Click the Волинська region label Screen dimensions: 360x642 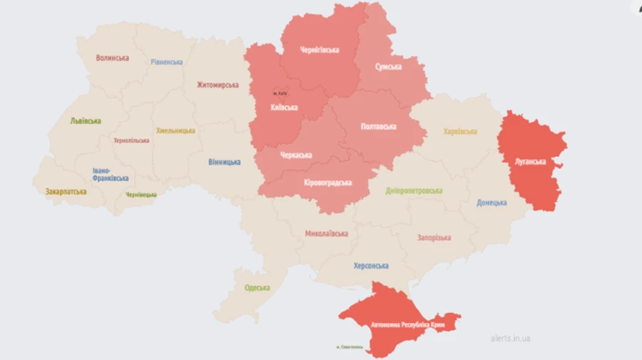[x=112, y=58]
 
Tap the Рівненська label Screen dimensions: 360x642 [x=166, y=62]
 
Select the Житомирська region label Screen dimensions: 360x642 [x=218, y=85]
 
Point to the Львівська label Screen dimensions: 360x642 [x=85, y=121]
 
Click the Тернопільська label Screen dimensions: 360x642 [x=131, y=140]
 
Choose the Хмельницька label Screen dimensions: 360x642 [x=175, y=131]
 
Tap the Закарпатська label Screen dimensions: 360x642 [x=66, y=191]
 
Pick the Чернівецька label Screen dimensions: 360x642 [x=141, y=195]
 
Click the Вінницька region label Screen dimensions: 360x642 [x=224, y=163]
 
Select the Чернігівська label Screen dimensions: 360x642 [x=320, y=50]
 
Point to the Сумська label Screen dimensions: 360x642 [x=388, y=66]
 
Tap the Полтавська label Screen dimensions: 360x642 [x=379, y=126]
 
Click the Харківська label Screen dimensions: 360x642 [x=459, y=132]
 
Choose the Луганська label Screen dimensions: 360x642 [x=531, y=161]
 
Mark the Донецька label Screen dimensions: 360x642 [x=491, y=202]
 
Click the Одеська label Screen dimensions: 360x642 [x=257, y=287]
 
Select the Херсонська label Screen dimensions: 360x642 [x=371, y=266]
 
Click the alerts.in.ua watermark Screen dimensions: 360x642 [x=510, y=339]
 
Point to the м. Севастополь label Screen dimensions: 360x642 [x=349, y=348]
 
